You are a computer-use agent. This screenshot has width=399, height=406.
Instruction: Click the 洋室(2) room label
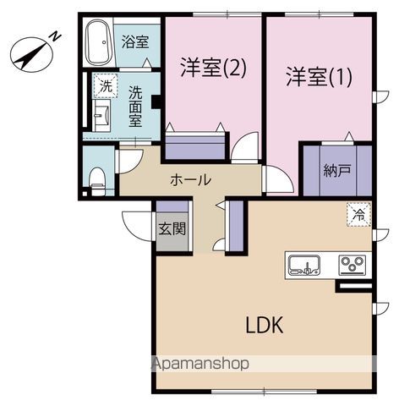click(x=213, y=69)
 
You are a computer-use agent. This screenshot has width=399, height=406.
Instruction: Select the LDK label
click(x=264, y=326)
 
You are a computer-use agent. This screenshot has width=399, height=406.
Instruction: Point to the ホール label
click(x=190, y=179)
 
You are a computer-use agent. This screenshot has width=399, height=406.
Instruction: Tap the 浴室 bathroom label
click(x=134, y=41)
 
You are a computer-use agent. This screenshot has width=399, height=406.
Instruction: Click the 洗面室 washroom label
click(x=135, y=106)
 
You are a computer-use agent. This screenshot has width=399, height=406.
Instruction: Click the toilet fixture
click(x=97, y=178)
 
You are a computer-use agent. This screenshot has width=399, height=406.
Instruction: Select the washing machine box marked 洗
click(x=105, y=85)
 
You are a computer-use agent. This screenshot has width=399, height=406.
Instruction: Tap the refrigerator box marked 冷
click(x=358, y=215)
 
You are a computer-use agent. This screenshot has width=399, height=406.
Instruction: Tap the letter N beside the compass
click(x=54, y=36)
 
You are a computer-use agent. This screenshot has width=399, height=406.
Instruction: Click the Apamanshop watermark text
click(x=199, y=365)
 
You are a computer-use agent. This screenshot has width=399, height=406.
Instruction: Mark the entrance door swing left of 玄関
click(x=137, y=224)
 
